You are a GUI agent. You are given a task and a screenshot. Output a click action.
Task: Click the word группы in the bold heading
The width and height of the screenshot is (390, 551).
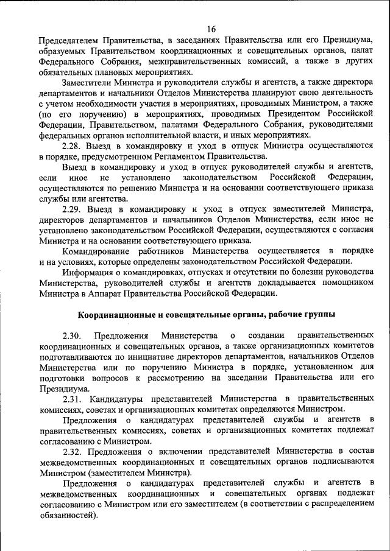click(x=319, y=314)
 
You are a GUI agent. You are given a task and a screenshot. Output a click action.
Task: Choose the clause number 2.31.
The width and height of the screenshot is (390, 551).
click(x=73, y=399)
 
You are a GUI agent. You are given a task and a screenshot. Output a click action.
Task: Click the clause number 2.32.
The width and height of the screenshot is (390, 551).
click(x=73, y=451)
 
